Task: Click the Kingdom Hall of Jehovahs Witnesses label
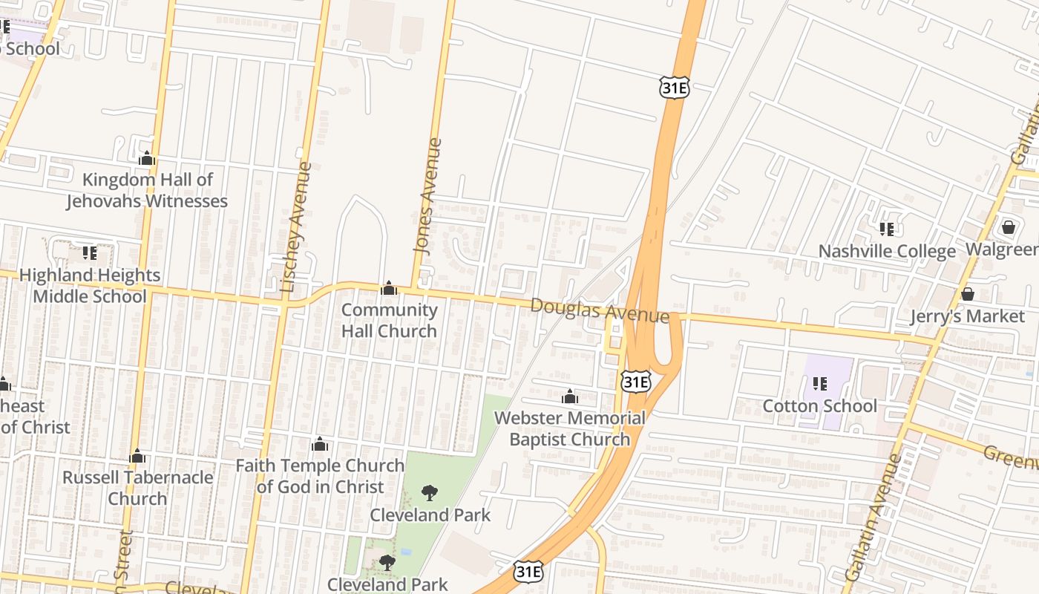[147, 190]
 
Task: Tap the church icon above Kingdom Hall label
[147, 159]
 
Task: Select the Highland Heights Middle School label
[90, 285]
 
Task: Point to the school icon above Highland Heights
[90, 253]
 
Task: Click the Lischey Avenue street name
[295, 226]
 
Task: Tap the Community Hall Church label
[389, 320]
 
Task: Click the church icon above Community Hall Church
[389, 289]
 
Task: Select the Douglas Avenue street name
[600, 310]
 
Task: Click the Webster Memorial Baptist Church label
[570, 428]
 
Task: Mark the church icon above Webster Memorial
[570, 397]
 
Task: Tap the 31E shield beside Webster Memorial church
[636, 382]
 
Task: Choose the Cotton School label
[820, 405]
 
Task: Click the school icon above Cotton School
[820, 383]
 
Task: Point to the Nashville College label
[887, 251]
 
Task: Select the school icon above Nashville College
[886, 229]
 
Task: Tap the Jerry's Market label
[968, 316]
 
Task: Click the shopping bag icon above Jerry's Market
[968, 294]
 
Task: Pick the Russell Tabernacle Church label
[137, 487]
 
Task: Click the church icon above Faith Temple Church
[320, 445]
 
